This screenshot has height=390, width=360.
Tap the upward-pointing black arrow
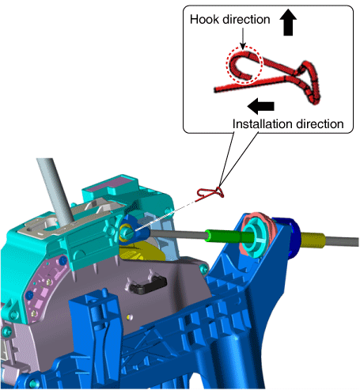[x=288, y=22]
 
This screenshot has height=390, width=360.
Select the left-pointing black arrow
[x=261, y=106]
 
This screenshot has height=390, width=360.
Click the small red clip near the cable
[x=210, y=194]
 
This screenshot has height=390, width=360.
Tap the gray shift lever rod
[x=55, y=189]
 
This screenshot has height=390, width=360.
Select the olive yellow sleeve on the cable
[x=313, y=240]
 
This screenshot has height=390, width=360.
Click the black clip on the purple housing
[x=148, y=286]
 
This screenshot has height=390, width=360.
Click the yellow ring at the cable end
[x=126, y=233]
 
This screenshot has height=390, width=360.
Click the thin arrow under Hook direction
[x=243, y=39]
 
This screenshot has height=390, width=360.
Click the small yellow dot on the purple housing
[x=129, y=317]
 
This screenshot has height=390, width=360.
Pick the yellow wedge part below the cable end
[x=141, y=252]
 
